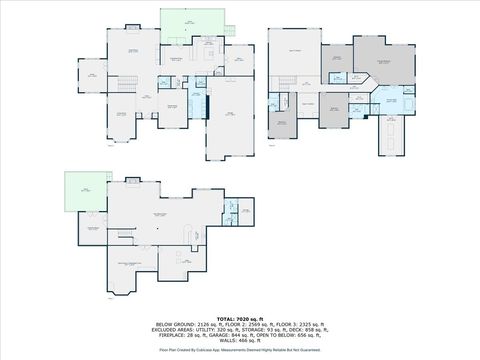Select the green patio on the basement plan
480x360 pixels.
point(78,187)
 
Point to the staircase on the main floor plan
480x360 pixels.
point(125,87)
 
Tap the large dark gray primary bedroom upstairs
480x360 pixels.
point(379,62)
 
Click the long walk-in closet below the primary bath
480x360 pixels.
point(390,133)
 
